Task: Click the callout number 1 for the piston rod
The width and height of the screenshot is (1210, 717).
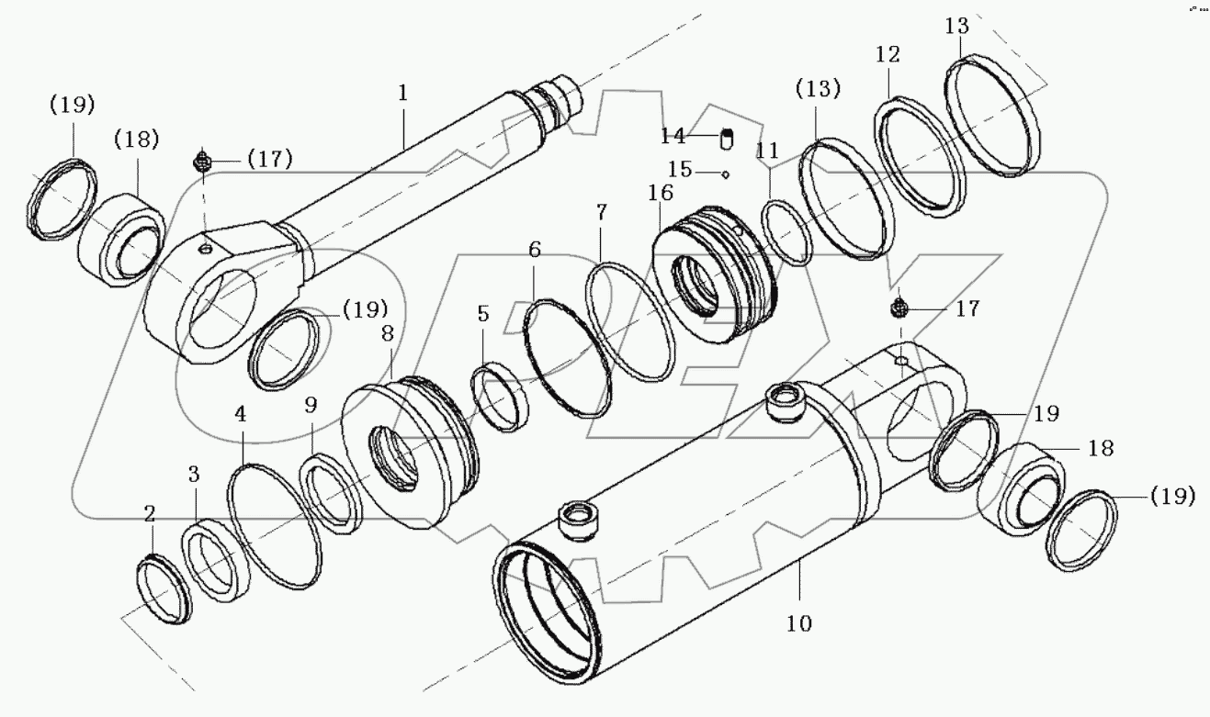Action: tap(402, 93)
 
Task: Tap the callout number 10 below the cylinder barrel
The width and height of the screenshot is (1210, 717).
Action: tap(798, 624)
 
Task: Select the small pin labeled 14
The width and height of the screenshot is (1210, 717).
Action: tap(727, 138)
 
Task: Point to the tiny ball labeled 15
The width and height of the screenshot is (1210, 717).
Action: tap(725, 173)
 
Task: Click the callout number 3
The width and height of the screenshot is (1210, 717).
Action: tap(193, 475)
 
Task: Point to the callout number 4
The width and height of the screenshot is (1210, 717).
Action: tap(240, 414)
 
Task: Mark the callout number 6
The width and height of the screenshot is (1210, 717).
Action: tap(535, 249)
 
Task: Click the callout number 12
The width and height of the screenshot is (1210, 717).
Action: tap(888, 55)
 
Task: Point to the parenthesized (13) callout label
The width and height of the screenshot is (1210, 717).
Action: tap(818, 90)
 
